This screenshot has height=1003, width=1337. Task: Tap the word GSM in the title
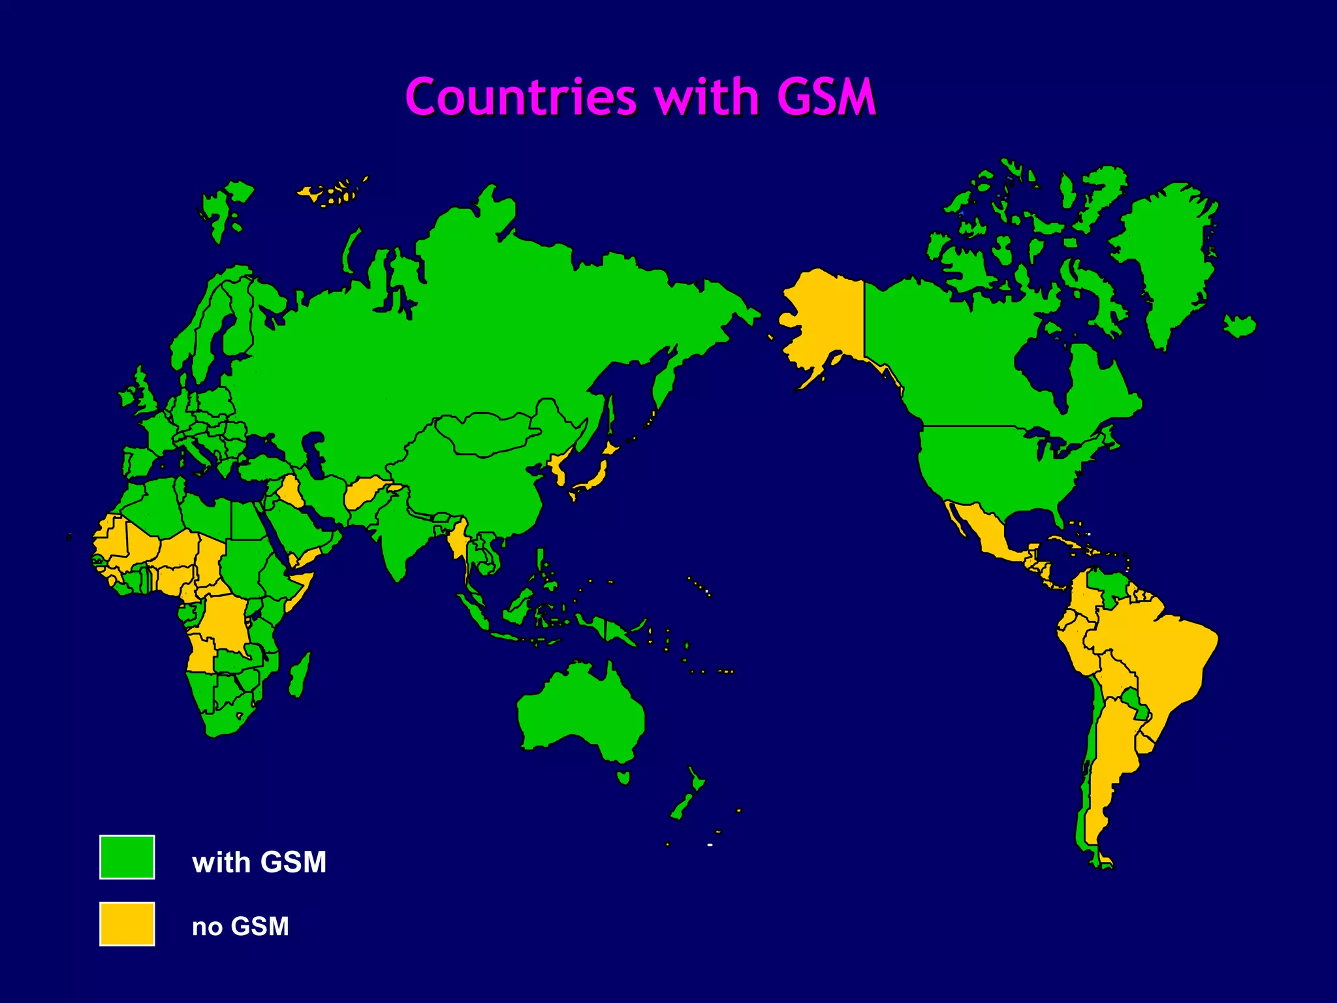(x=825, y=98)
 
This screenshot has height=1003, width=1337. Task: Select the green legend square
(x=127, y=857)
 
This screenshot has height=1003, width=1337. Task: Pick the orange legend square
(x=127, y=923)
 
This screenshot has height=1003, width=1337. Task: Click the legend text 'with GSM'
(x=259, y=862)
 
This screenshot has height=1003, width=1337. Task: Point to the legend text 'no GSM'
(x=240, y=926)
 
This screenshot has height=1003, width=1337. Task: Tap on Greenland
(x=1169, y=255)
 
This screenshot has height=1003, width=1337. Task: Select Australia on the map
(x=581, y=712)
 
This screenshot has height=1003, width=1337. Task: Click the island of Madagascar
(x=300, y=676)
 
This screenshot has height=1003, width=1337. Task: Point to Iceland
(x=1239, y=325)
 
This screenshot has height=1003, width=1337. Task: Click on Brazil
(x=1156, y=660)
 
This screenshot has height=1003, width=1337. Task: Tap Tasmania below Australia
(x=623, y=777)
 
